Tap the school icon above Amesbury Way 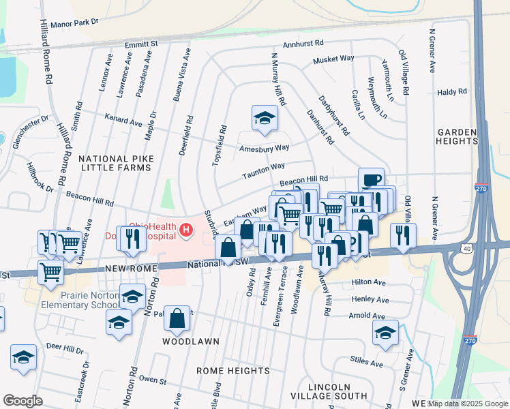(x=264, y=119)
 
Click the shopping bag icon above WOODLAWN (x=177, y=318)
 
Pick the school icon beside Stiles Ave (x=385, y=333)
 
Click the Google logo (x=22, y=400)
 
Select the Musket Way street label (x=333, y=60)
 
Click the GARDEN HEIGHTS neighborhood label (x=457, y=136)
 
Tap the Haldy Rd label (x=451, y=91)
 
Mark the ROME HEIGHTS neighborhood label (x=233, y=370)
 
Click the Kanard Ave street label (x=123, y=122)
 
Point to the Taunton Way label (x=263, y=170)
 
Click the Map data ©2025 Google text (x=468, y=404)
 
